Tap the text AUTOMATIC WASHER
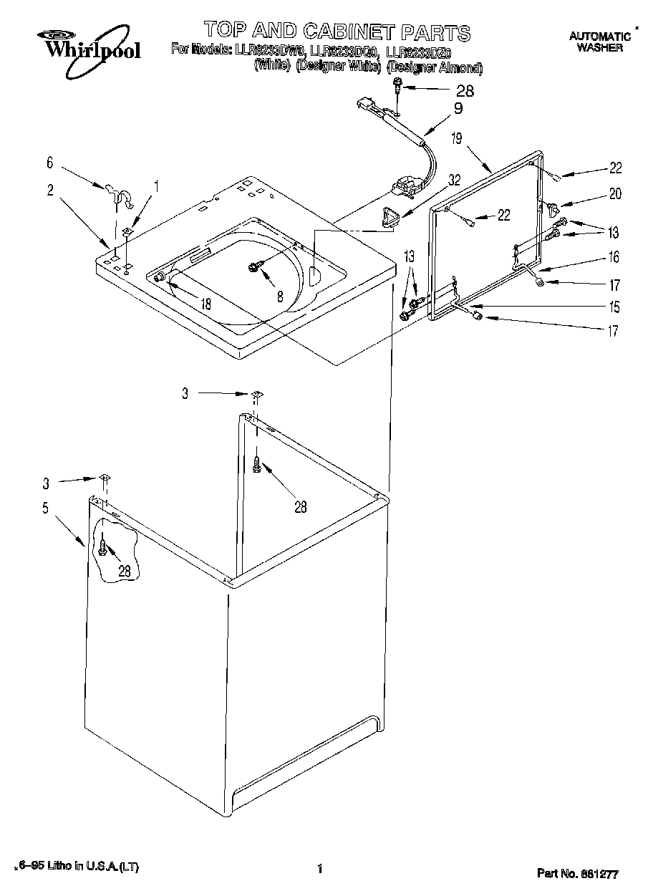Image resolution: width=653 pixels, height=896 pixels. coord(599,42)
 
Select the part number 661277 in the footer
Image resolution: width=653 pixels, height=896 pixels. coord(577,874)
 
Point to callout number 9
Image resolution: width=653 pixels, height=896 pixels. coord(458,109)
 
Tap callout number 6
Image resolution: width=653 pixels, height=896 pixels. coord(50,163)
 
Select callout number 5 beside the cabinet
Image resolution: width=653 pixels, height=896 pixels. coord(45,509)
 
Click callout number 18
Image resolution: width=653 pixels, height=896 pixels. coord(205,304)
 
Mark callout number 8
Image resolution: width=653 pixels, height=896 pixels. coord(280,294)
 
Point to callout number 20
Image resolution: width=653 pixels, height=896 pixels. coord(615,193)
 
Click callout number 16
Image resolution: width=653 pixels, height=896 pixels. coord(614,257)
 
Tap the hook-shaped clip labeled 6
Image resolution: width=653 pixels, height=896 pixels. coord(119,195)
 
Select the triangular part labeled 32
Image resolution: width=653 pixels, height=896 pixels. coord(391,216)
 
